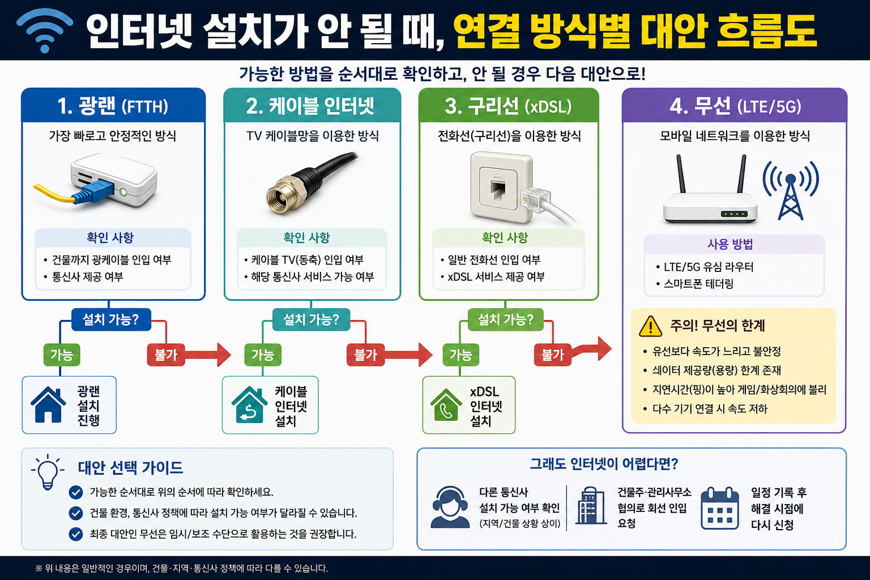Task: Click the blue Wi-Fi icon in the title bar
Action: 45,30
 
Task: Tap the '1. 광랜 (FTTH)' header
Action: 113,106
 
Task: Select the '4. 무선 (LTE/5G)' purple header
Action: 735,106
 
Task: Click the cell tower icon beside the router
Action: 791,190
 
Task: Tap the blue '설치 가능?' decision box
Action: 111,319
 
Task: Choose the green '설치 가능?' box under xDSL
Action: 505,319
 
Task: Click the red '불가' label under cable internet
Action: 365,355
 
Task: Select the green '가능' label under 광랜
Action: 62,355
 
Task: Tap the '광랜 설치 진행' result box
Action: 69,405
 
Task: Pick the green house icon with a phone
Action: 446,405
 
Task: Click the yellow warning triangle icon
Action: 650,326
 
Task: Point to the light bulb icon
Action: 48,472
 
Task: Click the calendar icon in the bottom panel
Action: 720,508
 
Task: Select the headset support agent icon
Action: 450,507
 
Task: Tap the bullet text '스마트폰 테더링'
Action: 698,284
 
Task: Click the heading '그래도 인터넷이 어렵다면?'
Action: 604,464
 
